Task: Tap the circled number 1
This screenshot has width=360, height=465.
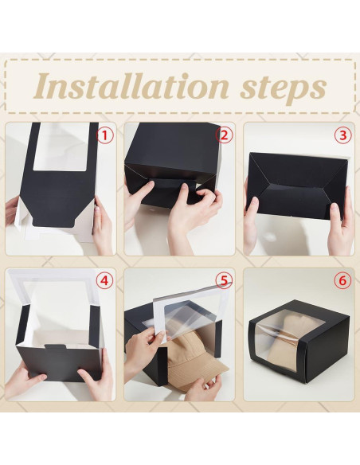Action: point(106,135)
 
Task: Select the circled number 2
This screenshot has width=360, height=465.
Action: point(224,135)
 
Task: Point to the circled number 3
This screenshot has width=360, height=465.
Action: point(342,135)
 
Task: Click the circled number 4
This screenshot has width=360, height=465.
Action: point(106,281)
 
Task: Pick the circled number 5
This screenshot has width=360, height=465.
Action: point(224,281)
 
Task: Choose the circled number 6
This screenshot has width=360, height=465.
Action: point(342,281)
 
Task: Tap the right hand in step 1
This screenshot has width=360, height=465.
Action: point(102,227)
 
